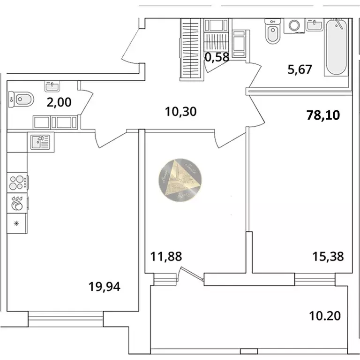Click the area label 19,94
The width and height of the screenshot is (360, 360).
105,286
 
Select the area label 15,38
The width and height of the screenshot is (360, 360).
328,256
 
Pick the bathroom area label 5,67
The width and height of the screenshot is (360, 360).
300,69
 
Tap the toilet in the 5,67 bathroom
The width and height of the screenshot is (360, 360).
271,31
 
